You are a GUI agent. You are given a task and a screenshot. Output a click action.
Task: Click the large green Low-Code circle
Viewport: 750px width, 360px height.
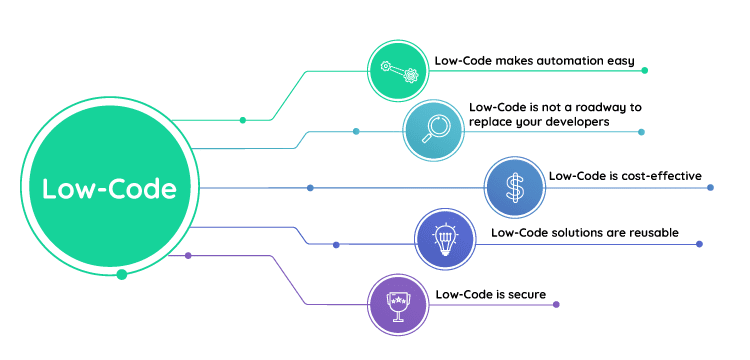[x=109, y=188]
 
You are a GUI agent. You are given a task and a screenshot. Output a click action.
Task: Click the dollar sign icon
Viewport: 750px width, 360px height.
[x=513, y=186]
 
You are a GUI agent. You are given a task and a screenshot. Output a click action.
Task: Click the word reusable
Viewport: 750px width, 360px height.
[x=648, y=233]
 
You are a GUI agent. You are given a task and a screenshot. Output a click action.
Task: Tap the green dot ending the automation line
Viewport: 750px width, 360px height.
[x=645, y=70]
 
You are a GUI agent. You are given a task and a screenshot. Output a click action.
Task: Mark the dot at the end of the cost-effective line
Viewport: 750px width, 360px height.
[x=711, y=187]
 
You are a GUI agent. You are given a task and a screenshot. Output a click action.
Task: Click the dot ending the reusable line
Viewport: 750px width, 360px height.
[x=699, y=244]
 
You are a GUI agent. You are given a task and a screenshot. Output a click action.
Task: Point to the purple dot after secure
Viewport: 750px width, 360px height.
[x=556, y=304]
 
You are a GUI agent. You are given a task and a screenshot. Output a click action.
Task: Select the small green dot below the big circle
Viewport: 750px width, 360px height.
[x=121, y=274]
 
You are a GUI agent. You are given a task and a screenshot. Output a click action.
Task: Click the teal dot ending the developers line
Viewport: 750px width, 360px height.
[x=641, y=132]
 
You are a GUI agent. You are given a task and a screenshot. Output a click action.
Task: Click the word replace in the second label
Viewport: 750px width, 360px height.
[x=489, y=122]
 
